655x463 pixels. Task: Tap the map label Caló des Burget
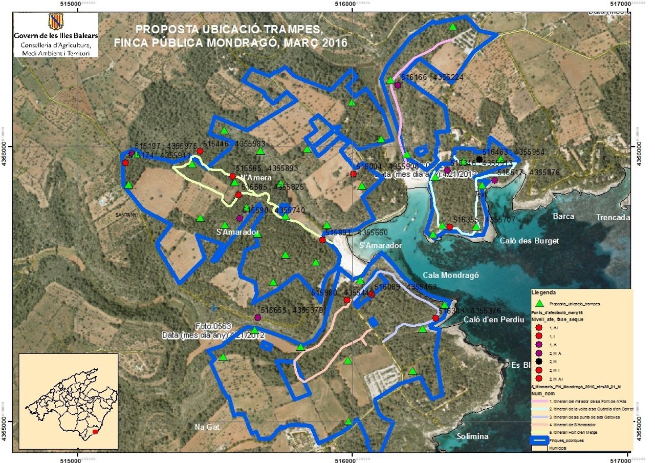click(529, 241)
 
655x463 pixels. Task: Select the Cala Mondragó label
click(451, 275)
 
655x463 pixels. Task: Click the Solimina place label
click(471, 436)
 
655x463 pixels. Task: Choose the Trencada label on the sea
click(613, 217)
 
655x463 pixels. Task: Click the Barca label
click(563, 216)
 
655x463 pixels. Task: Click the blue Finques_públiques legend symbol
click(538, 439)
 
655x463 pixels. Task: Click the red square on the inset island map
click(95, 432)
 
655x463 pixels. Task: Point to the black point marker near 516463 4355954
click(479, 159)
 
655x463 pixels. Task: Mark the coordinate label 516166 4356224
click(432, 77)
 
